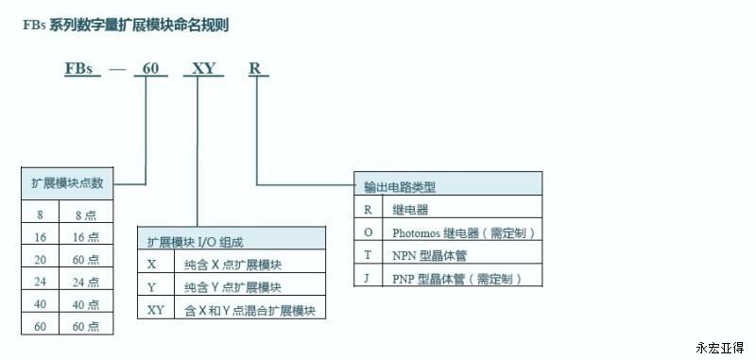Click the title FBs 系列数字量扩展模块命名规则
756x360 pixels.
(x=126, y=26)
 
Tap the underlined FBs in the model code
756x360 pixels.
(x=78, y=68)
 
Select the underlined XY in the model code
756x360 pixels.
(x=203, y=68)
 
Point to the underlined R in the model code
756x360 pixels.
(x=254, y=68)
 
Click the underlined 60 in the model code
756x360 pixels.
(x=150, y=68)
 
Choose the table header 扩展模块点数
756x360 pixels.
(x=67, y=183)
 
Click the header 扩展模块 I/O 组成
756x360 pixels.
(x=196, y=242)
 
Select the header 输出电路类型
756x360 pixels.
(x=400, y=187)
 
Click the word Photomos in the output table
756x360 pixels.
(x=416, y=233)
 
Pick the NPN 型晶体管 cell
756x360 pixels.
(x=429, y=255)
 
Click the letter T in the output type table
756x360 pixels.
(x=368, y=255)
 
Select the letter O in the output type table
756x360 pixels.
(x=369, y=232)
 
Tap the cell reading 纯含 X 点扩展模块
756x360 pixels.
(x=232, y=265)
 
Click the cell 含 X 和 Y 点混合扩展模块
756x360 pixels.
(x=250, y=311)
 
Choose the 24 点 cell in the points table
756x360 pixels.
(x=86, y=282)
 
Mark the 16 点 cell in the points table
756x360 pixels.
(x=86, y=237)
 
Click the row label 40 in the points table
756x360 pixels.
(x=40, y=304)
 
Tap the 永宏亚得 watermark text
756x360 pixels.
(x=720, y=348)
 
